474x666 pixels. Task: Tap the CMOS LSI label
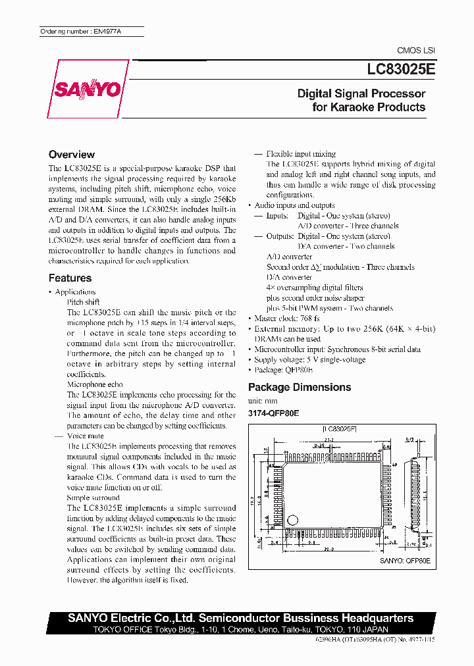[x=415, y=51]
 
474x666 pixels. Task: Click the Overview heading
[x=71, y=155]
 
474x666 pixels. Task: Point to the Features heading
[x=70, y=278]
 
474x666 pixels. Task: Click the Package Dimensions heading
[x=299, y=388]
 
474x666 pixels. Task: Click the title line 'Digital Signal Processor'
[x=361, y=93]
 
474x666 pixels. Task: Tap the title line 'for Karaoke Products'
[x=369, y=107]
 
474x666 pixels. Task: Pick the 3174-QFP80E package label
[x=273, y=413]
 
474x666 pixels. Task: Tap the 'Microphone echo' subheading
[x=95, y=384]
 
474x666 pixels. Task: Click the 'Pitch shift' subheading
[x=84, y=302]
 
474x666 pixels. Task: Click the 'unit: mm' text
[x=263, y=401]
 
